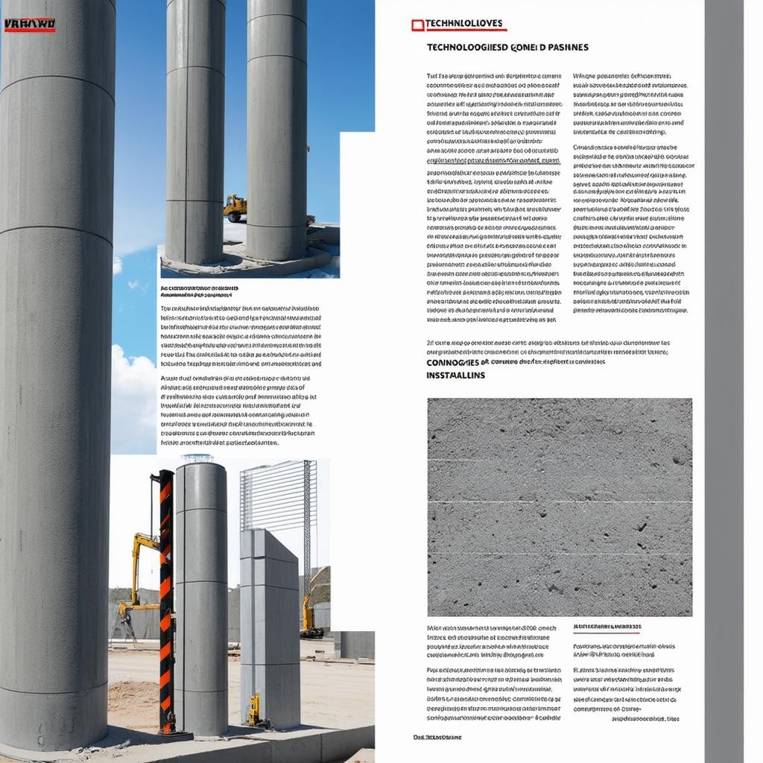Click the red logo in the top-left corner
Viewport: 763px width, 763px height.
pos(30,25)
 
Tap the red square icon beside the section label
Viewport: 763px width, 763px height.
pos(417,25)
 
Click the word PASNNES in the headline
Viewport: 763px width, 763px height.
pos(567,47)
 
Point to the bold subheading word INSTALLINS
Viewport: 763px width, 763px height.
pos(455,376)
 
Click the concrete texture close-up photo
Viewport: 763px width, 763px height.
pos(559,507)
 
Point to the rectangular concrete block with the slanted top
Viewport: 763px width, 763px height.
pos(269,626)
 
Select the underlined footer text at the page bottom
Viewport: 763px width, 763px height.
pos(437,737)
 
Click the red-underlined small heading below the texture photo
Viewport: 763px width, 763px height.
pos(607,627)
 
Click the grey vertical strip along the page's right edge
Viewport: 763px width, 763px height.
pos(724,373)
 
